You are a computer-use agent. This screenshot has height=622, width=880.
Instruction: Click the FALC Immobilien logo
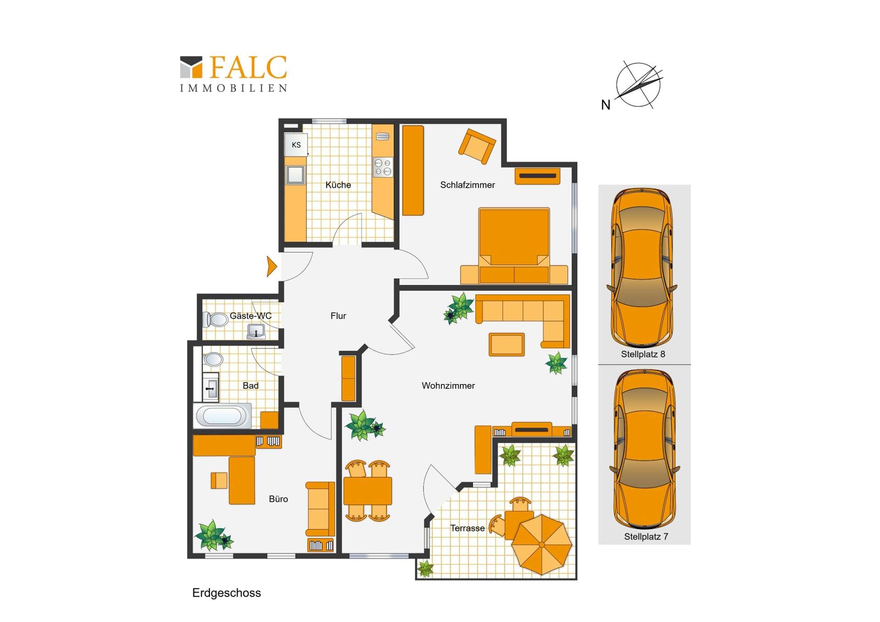coord(233,73)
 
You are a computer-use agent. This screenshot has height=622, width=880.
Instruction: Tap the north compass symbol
coord(638,85)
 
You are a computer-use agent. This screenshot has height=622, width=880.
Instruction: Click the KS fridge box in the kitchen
coord(296,145)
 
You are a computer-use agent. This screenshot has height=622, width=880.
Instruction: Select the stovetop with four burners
coord(383,167)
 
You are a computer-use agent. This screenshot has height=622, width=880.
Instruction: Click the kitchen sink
coord(295,175)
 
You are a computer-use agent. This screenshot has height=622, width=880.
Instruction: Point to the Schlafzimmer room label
coord(467,185)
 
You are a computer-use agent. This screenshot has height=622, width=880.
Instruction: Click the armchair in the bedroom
coord(477,146)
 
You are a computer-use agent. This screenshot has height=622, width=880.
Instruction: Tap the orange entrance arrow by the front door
coord(272,266)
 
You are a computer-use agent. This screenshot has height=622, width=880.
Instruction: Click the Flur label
coord(338,316)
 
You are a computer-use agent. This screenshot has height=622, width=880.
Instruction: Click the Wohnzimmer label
coord(448,386)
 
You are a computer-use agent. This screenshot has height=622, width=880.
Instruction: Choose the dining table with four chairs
coord(368,491)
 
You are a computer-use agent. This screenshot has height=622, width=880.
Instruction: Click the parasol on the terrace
coord(541,545)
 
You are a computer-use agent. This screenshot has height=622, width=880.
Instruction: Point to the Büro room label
coord(278,499)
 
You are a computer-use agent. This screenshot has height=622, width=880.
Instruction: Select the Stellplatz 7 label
coord(646,537)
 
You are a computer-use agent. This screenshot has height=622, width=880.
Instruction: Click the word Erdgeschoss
coord(226,593)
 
